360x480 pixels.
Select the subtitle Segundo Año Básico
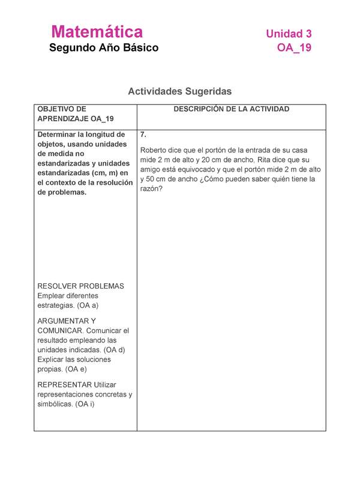(104, 47)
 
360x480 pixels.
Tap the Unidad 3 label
(289, 34)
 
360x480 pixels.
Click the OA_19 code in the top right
(294, 48)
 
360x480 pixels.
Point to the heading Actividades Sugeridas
(179, 91)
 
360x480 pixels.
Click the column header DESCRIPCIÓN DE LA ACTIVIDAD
(232, 109)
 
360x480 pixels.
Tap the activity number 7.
(143, 135)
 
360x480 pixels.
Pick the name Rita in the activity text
(265, 160)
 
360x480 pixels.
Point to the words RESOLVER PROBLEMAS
(80, 286)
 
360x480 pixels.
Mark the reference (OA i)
(90, 404)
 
